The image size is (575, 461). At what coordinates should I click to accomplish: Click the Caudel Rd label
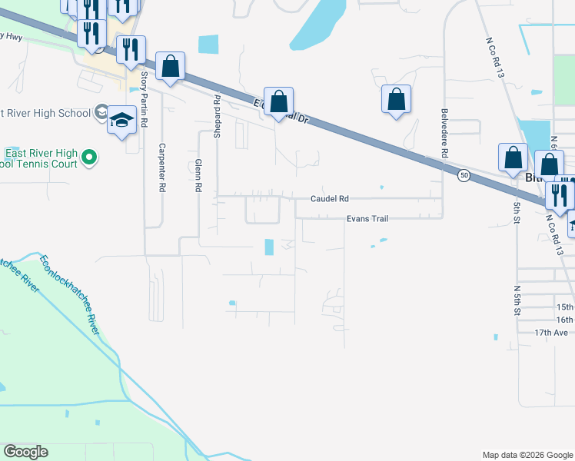[x=330, y=197]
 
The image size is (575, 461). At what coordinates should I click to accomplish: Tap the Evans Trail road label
[x=367, y=219]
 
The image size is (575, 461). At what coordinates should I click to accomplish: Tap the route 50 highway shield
[x=464, y=175]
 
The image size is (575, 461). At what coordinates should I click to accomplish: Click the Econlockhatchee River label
[x=71, y=294]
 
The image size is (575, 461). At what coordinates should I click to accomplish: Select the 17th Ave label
[x=552, y=333]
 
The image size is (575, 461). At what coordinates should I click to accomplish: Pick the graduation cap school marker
[x=121, y=121]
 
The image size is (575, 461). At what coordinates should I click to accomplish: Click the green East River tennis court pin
[x=89, y=158]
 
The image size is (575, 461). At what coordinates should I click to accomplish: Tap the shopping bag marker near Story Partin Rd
[x=170, y=67]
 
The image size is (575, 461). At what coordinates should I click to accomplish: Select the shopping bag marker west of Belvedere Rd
[x=396, y=99]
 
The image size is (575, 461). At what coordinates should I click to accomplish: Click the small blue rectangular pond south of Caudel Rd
[x=269, y=247]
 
